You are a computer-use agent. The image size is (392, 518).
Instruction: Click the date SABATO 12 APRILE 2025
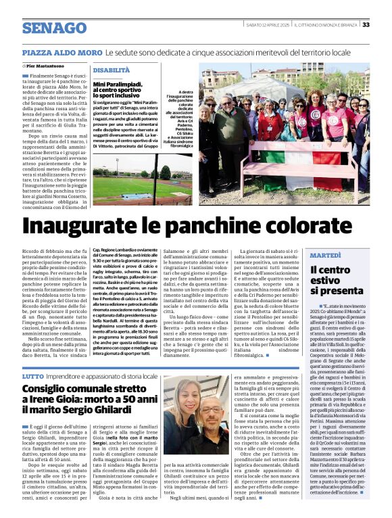(x=268, y=25)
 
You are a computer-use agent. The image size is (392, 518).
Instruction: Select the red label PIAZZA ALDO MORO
(x=62, y=52)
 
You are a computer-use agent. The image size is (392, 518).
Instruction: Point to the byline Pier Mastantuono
(x=50, y=66)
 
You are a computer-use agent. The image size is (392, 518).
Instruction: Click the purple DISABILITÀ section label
(x=111, y=70)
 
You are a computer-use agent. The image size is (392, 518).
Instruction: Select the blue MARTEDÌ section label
(x=326, y=256)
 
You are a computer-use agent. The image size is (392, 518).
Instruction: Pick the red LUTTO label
(x=32, y=375)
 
